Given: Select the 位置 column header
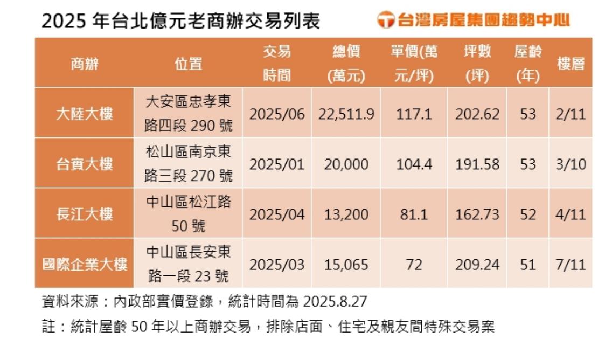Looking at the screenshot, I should pyautogui.click(x=188, y=64).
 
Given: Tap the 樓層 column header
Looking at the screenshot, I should pyautogui.click(x=571, y=64).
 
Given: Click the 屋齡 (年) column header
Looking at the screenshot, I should pyautogui.click(x=528, y=64).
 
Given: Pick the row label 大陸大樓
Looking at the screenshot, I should pyautogui.click(x=85, y=114).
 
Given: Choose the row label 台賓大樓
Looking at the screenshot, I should pyautogui.click(x=85, y=164).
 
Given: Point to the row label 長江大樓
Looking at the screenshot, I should pyautogui.click(x=85, y=214).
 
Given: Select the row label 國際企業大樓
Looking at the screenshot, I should pyautogui.click(x=85, y=265).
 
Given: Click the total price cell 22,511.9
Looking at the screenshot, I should pyautogui.click(x=346, y=114).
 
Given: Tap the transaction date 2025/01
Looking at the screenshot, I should pyautogui.click(x=277, y=164).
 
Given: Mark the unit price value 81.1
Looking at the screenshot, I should pyautogui.click(x=414, y=214).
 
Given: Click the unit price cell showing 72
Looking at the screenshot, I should pyautogui.click(x=414, y=265).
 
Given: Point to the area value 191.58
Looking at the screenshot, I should pyautogui.click(x=477, y=164).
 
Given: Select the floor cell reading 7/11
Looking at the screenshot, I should pyautogui.click(x=571, y=265).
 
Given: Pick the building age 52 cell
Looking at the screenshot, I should pyautogui.click(x=528, y=214).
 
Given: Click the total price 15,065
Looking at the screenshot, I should pyautogui.click(x=346, y=265).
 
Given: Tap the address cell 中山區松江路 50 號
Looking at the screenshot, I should pyautogui.click(x=188, y=214).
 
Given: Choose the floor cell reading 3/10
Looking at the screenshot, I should pyautogui.click(x=571, y=164).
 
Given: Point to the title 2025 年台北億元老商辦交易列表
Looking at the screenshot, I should pyautogui.click(x=180, y=20).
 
